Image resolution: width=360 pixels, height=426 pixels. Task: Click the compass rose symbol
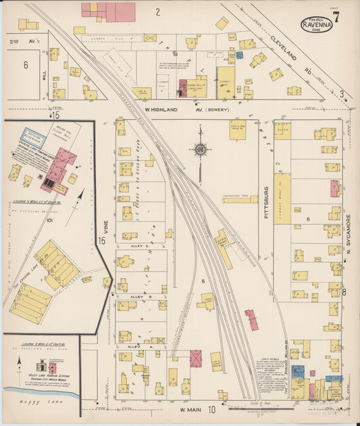[x=201, y=150]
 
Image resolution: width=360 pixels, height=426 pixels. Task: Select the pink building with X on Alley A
[x=196, y=358]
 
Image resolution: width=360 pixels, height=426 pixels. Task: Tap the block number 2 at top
[x=157, y=11]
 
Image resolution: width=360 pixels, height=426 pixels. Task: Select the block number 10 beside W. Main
[x=212, y=409]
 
